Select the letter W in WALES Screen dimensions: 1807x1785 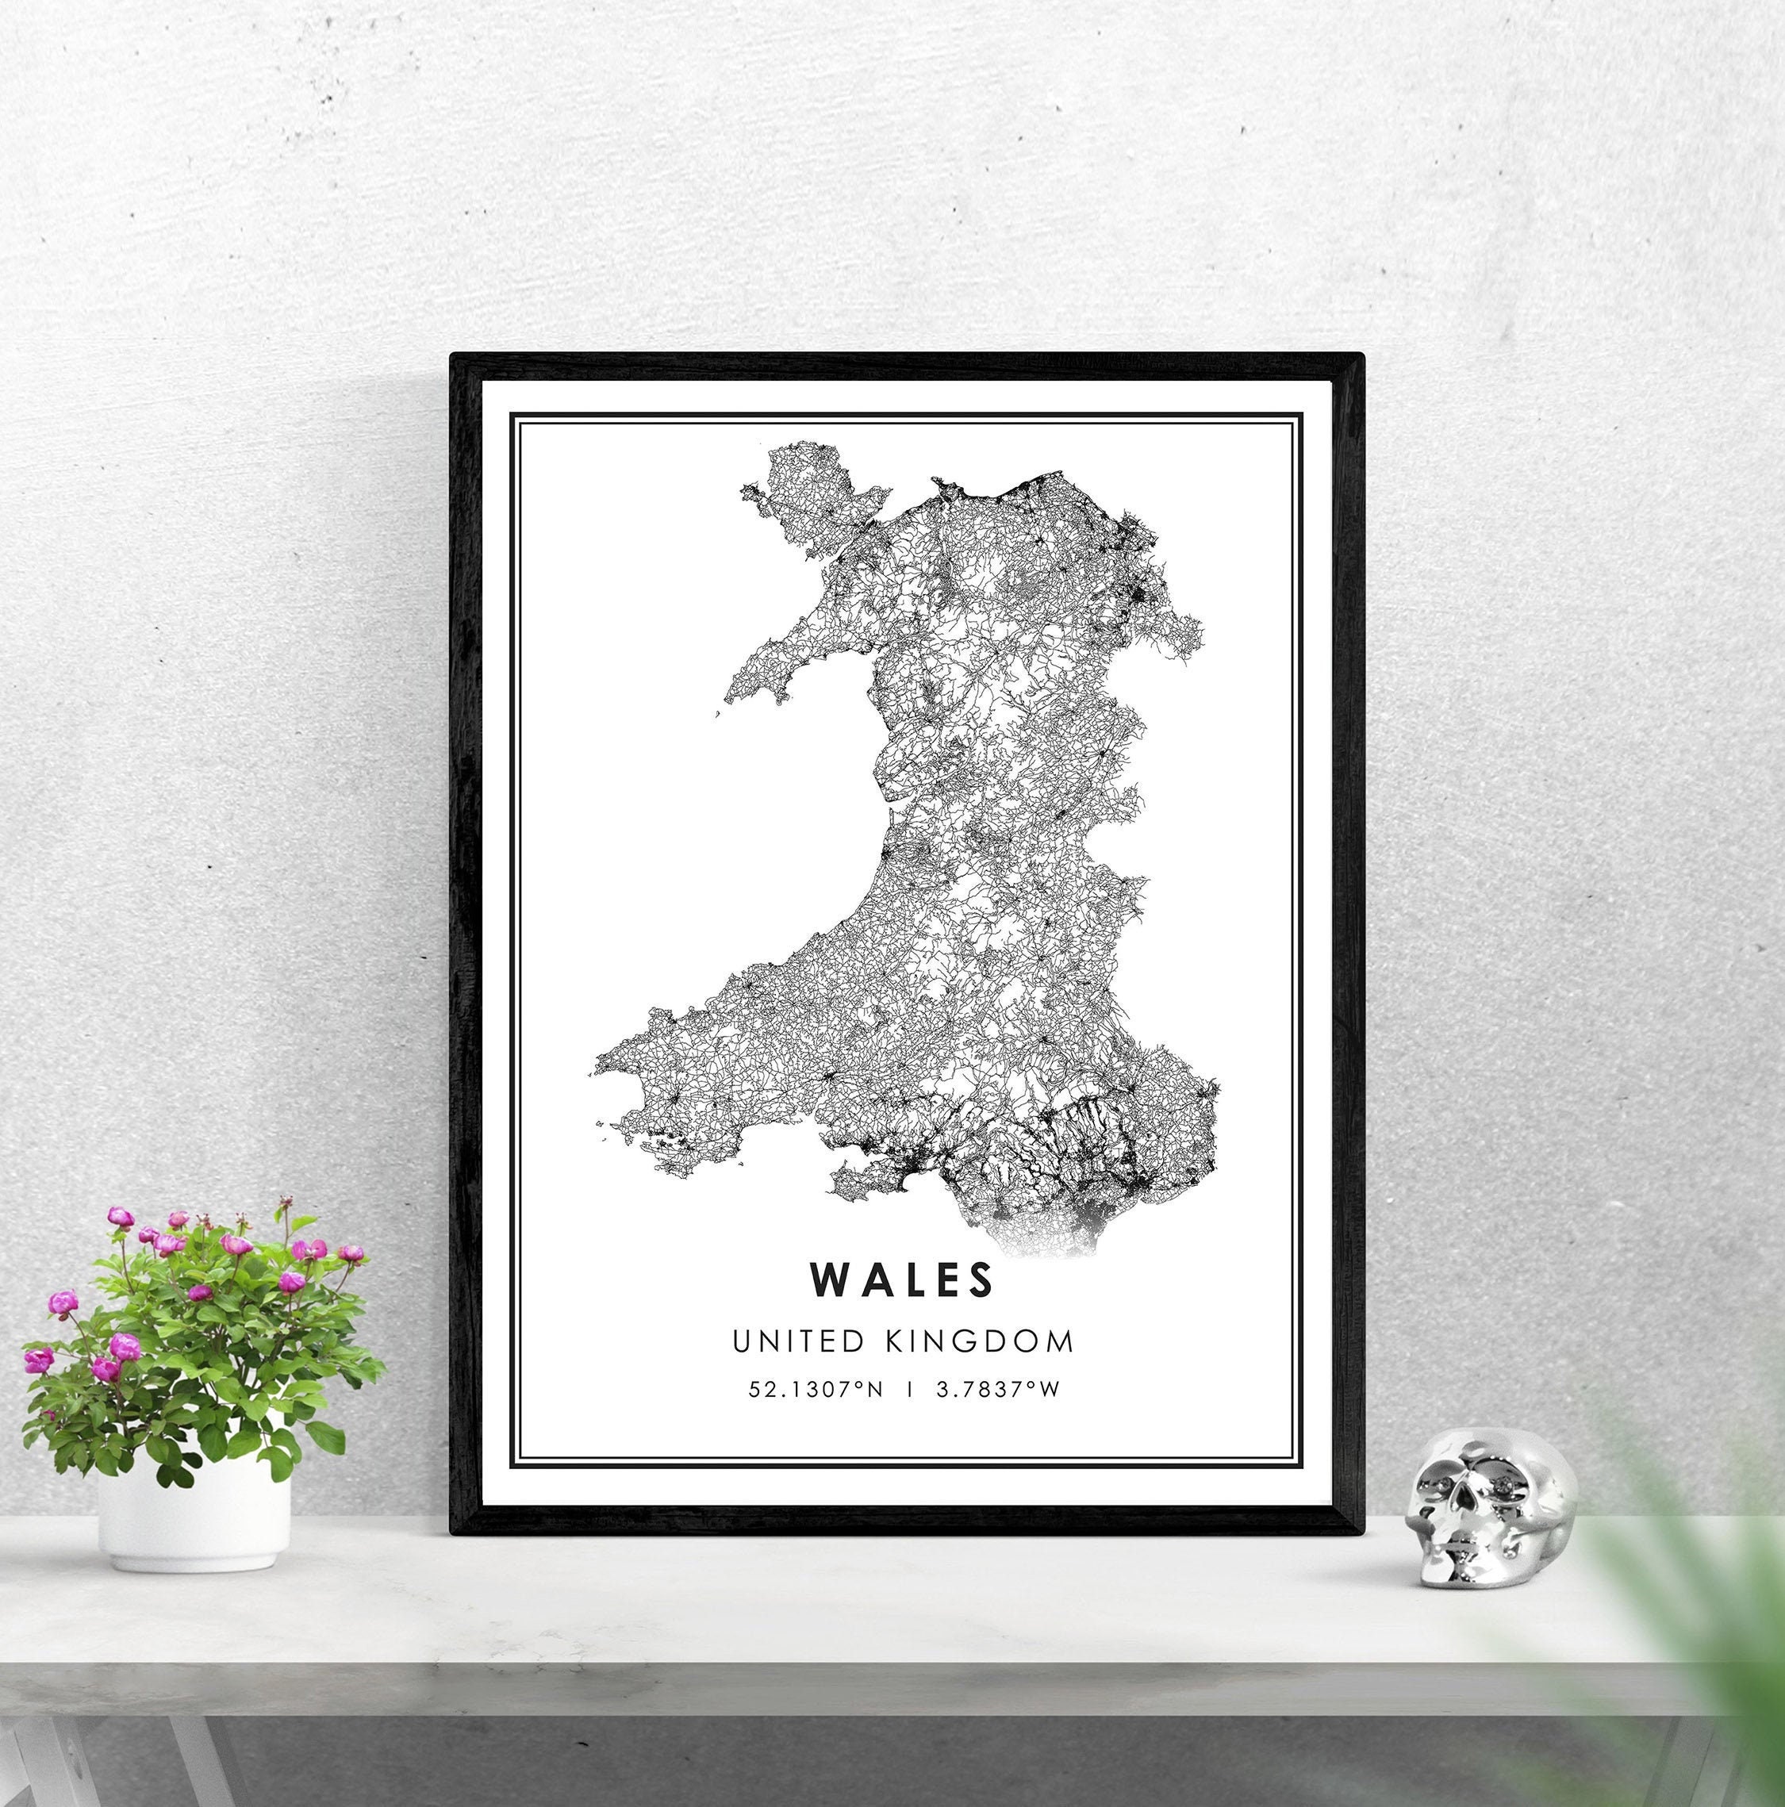831,1281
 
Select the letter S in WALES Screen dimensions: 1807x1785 978,1281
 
